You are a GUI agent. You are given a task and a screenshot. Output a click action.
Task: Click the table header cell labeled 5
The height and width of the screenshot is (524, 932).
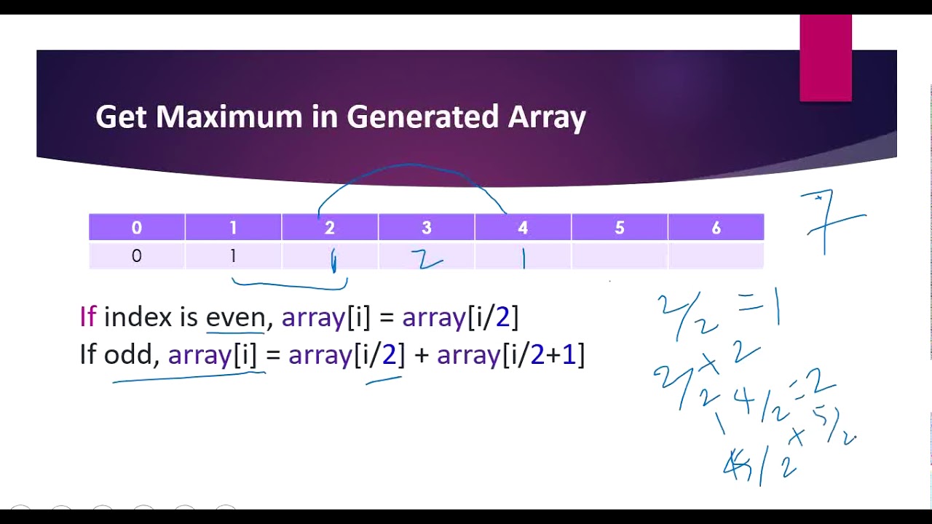[619, 228]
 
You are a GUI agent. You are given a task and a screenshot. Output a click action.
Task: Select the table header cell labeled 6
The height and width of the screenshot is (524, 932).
[716, 228]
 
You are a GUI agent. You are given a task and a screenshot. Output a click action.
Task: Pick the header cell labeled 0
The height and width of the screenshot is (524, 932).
[137, 228]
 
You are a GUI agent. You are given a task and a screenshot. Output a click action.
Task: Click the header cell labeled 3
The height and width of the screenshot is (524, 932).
[426, 228]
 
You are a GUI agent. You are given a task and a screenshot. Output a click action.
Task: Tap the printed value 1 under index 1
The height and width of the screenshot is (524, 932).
[233, 255]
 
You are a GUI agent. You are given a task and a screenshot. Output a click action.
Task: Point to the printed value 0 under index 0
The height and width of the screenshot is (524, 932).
[137, 255]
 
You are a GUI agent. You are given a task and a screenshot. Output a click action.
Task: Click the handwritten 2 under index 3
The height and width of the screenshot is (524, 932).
[426, 259]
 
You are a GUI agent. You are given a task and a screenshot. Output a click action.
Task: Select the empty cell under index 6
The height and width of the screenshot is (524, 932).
[716, 255]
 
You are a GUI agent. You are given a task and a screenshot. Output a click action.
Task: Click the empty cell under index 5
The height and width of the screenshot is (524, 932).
[619, 255]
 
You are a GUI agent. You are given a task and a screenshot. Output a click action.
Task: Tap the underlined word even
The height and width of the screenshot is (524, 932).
[235, 317]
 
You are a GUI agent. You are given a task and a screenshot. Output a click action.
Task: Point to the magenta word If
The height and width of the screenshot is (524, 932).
[87, 317]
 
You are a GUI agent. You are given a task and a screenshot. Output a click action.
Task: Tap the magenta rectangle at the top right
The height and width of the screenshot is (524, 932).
[825, 58]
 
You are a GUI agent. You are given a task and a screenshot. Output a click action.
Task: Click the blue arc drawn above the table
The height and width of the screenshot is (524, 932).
[411, 166]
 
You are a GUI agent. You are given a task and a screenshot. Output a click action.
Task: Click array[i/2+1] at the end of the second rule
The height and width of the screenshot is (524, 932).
[510, 354]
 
